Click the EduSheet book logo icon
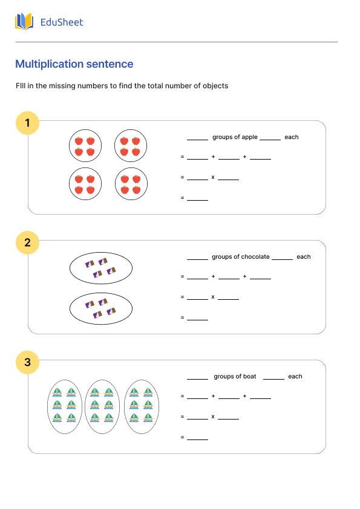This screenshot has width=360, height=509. coord(24,22)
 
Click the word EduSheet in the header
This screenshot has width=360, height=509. coord(61,22)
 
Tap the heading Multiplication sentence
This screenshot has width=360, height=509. coord(74,64)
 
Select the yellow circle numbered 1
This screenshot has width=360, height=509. coord(27,124)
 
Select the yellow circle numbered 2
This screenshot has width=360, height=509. coord(27,244)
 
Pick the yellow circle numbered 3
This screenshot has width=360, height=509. coord(27,363)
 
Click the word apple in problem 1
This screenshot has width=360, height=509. coord(250,137)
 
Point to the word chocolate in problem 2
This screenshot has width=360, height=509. coord(255,257)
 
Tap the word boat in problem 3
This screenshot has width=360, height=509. coord(249,377)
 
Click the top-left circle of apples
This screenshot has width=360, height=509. coord(85,146)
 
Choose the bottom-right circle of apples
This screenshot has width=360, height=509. coord(131,184)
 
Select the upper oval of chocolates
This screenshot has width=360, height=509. coord(101,268)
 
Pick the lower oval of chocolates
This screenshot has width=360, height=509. coord(101,308)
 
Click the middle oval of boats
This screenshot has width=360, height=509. coord(102,406)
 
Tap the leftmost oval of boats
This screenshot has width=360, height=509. coord(65,406)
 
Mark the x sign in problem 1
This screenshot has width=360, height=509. coord(213,177)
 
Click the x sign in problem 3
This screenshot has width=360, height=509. coord(213,417)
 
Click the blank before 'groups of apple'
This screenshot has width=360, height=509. coord(197,137)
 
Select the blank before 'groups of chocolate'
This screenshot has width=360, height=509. coord(197,257)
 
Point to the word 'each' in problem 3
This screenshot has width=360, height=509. coord(295,377)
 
